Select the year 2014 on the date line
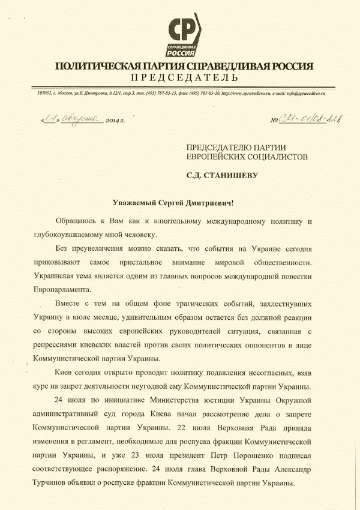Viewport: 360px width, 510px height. pyautogui.click(x=113, y=120)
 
